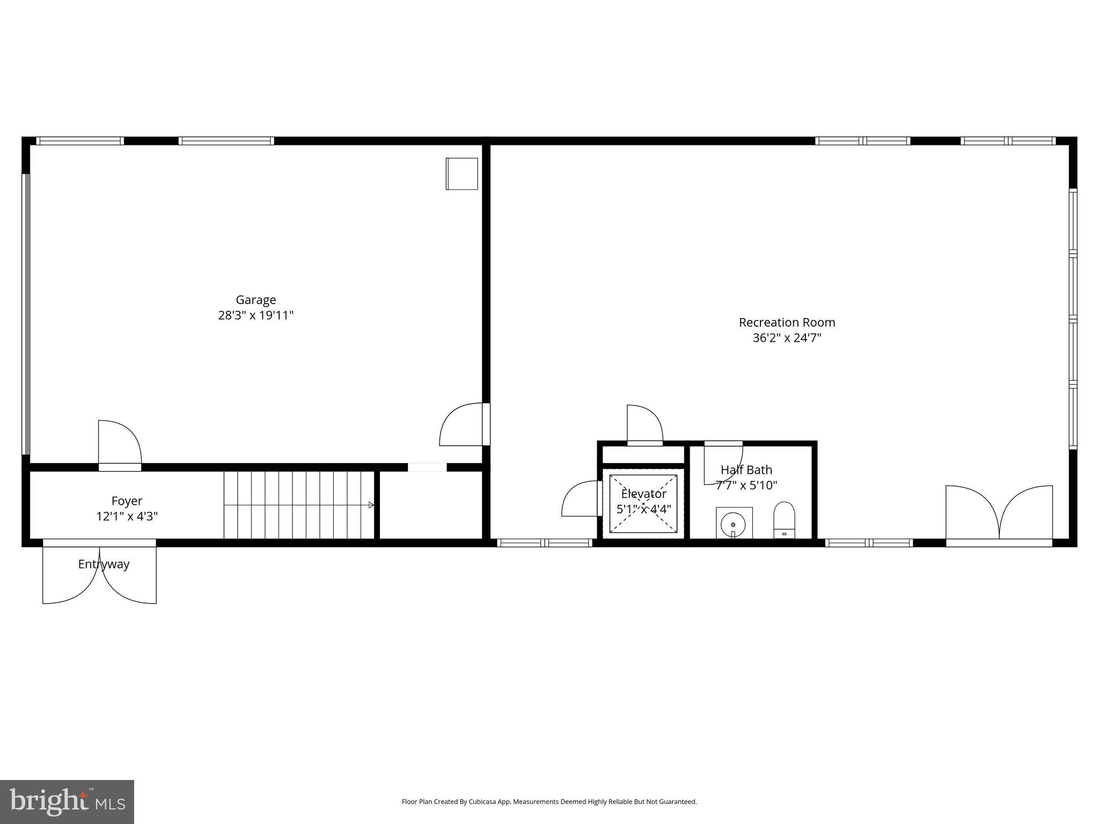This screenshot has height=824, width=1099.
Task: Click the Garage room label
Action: coord(256,300)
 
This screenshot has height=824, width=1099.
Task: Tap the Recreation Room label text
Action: coord(787,322)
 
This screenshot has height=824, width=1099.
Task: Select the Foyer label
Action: coord(127,501)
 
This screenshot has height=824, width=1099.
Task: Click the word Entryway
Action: coord(104,564)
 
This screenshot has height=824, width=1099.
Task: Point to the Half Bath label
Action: coord(746,470)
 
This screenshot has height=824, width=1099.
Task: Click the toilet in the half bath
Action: coord(783,520)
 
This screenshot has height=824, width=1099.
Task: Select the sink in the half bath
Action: coord(734,523)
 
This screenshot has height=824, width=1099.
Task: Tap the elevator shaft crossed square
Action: coord(643,504)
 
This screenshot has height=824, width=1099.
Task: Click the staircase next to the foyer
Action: coord(298,505)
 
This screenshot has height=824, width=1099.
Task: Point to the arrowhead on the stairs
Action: coord(371,505)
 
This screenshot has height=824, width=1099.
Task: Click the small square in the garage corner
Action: coord(461,174)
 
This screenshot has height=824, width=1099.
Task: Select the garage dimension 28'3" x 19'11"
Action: coord(256,315)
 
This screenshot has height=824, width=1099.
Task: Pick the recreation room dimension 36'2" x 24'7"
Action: coord(787,338)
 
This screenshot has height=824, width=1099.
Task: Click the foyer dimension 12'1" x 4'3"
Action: coord(127,517)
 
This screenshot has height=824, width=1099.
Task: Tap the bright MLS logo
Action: coord(67,802)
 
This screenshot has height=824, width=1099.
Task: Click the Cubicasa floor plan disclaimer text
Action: coord(549,802)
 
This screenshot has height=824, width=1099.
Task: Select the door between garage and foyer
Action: coord(120,444)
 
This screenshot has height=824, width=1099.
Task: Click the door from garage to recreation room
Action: coord(463,424)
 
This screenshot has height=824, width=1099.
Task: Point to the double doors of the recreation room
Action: coord(999,514)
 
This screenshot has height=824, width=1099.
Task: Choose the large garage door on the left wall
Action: coord(26,314)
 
